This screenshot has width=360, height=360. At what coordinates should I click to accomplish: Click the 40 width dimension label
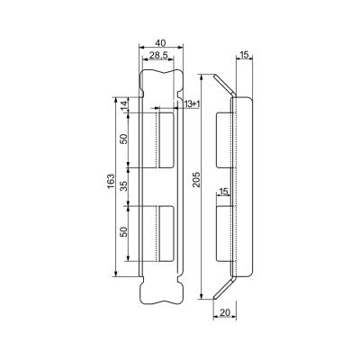[x=160, y=43]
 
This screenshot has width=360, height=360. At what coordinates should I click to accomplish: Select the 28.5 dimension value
[x=158, y=55]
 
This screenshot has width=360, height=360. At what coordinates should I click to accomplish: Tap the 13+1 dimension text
[x=192, y=104]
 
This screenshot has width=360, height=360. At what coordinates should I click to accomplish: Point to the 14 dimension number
[x=124, y=105]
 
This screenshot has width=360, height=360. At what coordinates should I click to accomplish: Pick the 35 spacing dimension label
[x=124, y=186]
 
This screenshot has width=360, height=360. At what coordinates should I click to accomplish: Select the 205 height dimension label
[x=196, y=180]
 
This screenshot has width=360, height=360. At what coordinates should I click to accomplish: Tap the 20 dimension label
[x=225, y=312]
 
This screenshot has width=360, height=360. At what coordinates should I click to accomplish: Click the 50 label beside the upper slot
[x=124, y=139]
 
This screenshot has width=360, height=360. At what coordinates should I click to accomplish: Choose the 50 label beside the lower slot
[x=124, y=232]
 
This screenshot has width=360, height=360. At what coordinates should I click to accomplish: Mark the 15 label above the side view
[x=245, y=55]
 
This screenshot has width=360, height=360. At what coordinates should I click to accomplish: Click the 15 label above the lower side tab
[x=224, y=192]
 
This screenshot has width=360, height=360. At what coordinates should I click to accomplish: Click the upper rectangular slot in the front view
[x=165, y=139]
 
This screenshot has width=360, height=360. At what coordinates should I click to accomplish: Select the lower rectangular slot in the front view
[x=165, y=233]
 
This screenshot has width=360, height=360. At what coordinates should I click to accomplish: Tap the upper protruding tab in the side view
[x=224, y=139]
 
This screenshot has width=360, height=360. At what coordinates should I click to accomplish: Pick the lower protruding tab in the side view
[x=224, y=234]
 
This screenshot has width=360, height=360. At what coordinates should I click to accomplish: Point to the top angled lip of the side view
[x=225, y=85]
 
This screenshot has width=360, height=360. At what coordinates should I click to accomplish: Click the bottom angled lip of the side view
[x=225, y=287]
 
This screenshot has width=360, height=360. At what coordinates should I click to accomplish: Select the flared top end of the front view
[x=161, y=83]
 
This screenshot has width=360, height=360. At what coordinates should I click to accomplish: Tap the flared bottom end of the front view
[x=161, y=291]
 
